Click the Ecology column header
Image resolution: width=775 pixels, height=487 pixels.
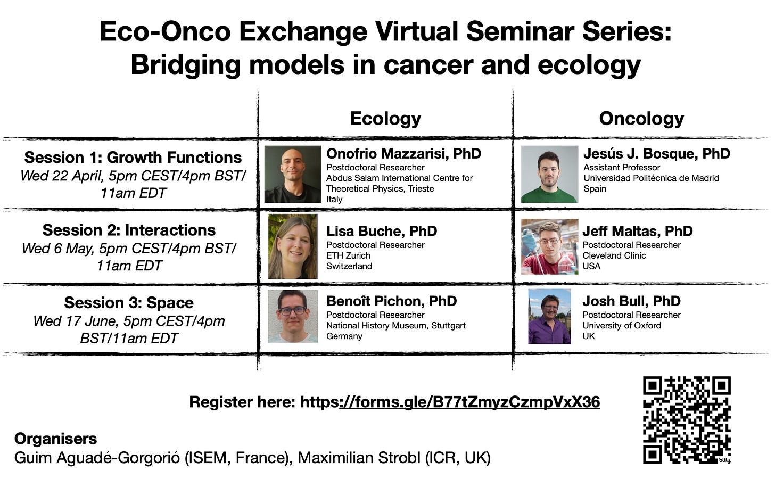point(385,119)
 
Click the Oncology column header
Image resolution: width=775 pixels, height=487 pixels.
point(641,119)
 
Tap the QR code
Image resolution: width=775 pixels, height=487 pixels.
point(687,420)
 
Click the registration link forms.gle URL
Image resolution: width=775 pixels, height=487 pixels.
point(450,402)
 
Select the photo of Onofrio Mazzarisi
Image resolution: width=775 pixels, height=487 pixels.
point(293,174)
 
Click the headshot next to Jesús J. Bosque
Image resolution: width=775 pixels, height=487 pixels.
point(549,174)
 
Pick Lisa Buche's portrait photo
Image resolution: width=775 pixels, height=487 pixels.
point(293,246)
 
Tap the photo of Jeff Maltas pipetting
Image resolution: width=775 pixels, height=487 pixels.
point(549,246)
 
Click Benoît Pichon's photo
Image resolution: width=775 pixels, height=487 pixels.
point(293,316)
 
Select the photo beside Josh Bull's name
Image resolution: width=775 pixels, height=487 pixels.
point(549,317)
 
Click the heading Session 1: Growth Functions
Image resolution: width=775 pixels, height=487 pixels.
point(133,158)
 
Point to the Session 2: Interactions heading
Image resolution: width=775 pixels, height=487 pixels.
point(129,230)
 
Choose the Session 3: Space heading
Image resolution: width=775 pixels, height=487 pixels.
point(129,303)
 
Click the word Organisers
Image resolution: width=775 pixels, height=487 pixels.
point(55,439)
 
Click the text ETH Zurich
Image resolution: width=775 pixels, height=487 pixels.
point(349,255)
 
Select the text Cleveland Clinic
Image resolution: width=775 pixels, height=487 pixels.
point(614,255)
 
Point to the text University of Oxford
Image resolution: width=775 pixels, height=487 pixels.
point(622,326)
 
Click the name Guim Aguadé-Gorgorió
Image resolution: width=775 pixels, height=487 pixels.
point(97,458)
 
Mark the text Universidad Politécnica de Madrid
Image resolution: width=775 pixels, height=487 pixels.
point(651,178)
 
